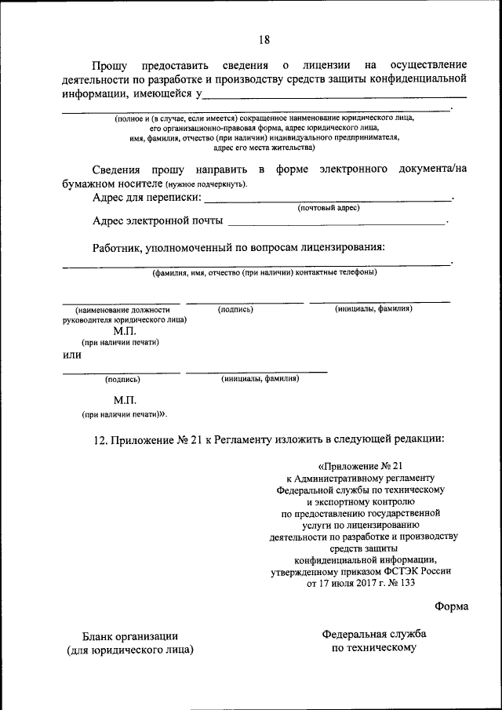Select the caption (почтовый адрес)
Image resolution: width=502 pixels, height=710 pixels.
tap(328, 208)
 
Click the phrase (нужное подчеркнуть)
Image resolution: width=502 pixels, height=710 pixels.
tap(206, 184)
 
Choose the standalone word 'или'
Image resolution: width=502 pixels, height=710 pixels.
tap(72, 355)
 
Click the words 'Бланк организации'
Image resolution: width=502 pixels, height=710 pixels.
tap(130, 636)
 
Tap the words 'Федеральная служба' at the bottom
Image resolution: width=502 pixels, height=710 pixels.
tap(373, 633)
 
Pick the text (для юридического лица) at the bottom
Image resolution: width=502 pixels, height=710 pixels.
tap(130, 650)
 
